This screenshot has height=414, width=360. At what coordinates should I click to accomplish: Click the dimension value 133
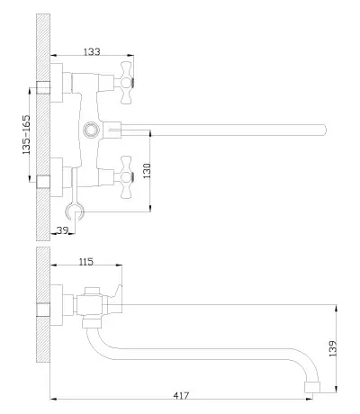pos(92,51)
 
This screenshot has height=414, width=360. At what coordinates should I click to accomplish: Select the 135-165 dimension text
pos(26,134)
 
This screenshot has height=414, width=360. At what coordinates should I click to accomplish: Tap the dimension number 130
pos(147,171)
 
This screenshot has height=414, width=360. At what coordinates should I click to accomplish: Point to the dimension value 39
pos(62,230)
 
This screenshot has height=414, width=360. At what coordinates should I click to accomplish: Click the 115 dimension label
pos(86,262)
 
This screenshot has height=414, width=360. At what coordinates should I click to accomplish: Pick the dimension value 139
pos(333,348)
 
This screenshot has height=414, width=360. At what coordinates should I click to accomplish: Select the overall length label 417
pos(181,396)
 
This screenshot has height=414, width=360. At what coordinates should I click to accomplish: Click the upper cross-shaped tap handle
pos(126,83)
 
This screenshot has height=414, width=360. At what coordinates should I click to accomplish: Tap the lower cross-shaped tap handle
pos(126,177)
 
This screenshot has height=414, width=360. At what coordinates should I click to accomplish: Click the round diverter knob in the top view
pos(90,130)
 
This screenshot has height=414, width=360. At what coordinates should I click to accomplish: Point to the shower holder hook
pos(75,212)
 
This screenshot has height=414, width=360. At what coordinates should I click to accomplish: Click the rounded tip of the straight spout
pos(323,130)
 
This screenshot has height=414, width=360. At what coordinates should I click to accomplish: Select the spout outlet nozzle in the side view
pos(312,387)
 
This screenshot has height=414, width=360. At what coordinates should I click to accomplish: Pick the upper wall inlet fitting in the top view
pos(43,87)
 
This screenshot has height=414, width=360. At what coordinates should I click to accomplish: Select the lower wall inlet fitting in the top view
pos(43,182)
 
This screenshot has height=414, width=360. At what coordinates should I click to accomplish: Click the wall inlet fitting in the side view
pos(43,310)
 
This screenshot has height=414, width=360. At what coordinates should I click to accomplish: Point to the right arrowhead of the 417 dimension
pos(309,399)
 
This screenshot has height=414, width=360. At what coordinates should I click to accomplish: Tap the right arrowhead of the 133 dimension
pos(130,55)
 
